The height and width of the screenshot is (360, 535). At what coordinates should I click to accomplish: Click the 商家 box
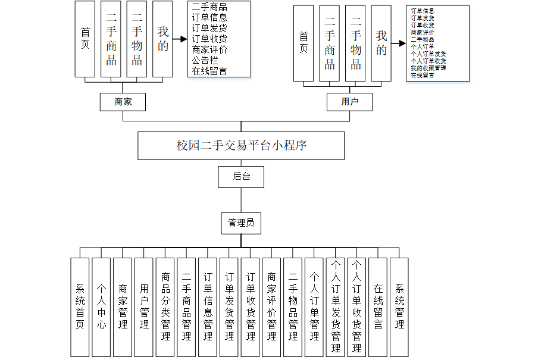pos(123,102)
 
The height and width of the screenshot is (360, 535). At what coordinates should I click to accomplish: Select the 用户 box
pos(349,102)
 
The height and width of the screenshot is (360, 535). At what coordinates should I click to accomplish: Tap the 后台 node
pos(241,177)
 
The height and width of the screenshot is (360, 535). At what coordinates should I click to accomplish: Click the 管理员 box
pos(241,223)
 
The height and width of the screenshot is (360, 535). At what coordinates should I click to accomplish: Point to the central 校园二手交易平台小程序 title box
pos(241,146)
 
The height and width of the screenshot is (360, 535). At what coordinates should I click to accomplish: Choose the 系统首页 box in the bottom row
pos(80,307)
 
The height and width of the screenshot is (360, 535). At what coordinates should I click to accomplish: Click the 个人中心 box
pos(101,307)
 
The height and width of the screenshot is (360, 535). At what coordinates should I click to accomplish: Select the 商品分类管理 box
pos(165,307)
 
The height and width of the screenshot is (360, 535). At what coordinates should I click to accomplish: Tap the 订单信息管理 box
pos(208,307)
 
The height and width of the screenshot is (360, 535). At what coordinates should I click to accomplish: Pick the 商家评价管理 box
pos(271,307)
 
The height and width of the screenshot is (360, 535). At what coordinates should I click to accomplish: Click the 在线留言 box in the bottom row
pos(378,307)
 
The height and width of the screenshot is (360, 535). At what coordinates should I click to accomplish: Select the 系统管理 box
pos(399,307)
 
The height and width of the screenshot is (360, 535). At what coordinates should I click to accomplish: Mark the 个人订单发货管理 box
pos(336,307)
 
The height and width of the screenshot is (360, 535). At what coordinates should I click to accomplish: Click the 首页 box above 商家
pos(85,39)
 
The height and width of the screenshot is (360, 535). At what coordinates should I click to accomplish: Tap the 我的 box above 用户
pos(381,43)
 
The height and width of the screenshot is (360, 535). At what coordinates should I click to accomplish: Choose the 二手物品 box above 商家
pos(137,39)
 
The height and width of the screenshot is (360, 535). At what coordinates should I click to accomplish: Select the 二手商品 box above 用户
pos(330,43)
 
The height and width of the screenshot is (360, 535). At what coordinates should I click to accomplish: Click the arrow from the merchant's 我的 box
pos(179,40)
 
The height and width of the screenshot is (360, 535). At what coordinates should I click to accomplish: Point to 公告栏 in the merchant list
pos(204,61)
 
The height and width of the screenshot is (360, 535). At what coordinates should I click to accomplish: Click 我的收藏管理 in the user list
pos(428,68)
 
